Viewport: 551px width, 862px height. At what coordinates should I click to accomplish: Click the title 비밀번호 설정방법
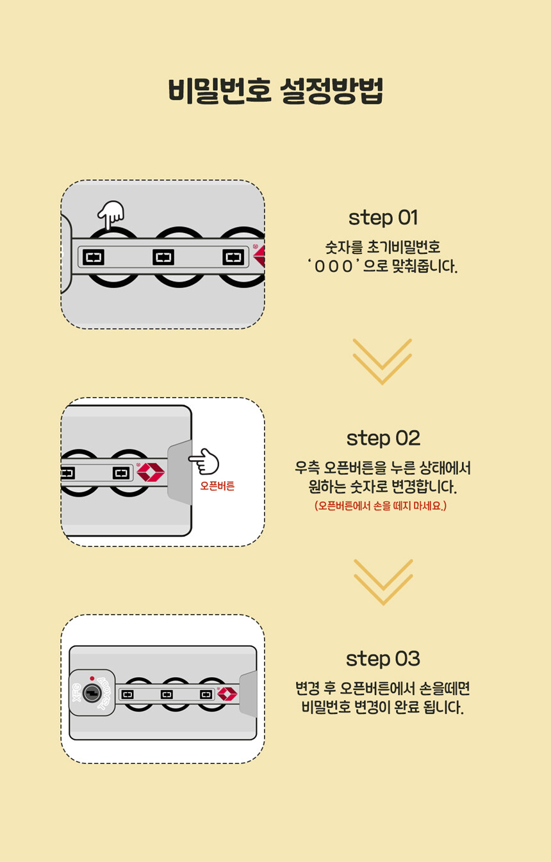(x=275, y=91)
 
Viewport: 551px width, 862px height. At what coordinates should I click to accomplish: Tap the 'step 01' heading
(x=383, y=218)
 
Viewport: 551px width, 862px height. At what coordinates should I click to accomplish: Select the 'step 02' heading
(x=383, y=438)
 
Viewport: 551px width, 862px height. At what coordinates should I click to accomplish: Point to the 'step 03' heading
(x=383, y=658)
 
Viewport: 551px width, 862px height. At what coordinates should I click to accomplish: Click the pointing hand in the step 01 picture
(x=111, y=214)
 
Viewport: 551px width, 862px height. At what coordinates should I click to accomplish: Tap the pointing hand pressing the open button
(x=204, y=461)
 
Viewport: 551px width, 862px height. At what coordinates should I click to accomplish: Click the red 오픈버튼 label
(x=217, y=486)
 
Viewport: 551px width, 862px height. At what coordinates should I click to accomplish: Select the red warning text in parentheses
(x=381, y=506)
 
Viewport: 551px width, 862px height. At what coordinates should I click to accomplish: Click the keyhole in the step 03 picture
(x=92, y=693)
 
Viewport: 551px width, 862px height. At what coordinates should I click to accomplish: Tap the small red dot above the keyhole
(x=92, y=678)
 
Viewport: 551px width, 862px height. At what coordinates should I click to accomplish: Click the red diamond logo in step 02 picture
(x=151, y=472)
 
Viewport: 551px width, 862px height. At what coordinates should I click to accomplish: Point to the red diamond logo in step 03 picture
(x=227, y=694)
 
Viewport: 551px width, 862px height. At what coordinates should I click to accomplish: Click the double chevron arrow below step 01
(x=382, y=362)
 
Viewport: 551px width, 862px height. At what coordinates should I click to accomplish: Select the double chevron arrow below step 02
(x=383, y=582)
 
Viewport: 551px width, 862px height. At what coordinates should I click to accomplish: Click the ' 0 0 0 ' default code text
(x=333, y=266)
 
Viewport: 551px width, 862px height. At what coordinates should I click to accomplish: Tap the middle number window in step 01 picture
(x=163, y=257)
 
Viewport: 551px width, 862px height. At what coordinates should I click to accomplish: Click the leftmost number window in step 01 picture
(x=94, y=257)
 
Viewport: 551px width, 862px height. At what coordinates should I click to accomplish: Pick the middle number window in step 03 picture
(x=167, y=694)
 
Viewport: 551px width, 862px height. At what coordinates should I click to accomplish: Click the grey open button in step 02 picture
(x=180, y=472)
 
